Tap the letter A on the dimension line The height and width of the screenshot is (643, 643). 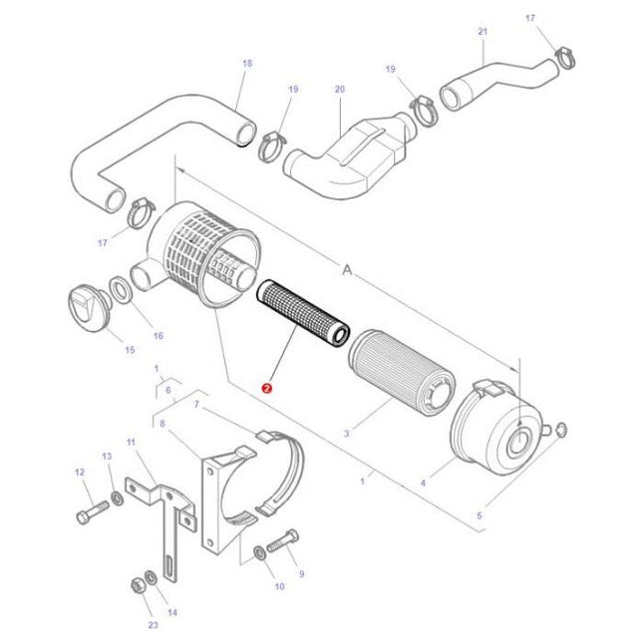(x=348, y=269)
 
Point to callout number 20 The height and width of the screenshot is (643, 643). (x=339, y=90)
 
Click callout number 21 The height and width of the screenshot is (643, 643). (x=482, y=32)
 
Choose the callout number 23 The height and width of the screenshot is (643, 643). (x=153, y=624)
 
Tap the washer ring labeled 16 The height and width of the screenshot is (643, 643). (x=118, y=290)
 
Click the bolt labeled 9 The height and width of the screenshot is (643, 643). (x=284, y=540)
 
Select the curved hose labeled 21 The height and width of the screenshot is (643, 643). (x=498, y=81)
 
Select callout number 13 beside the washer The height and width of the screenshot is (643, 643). (x=107, y=456)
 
